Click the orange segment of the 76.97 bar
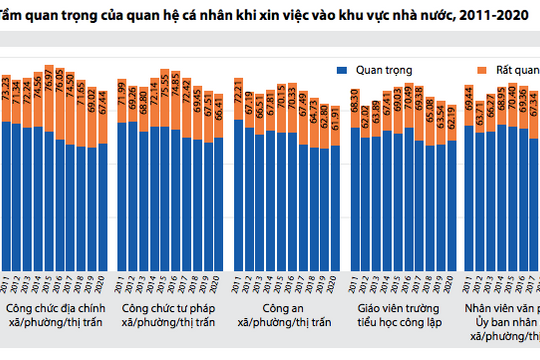[x=48, y=111]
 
